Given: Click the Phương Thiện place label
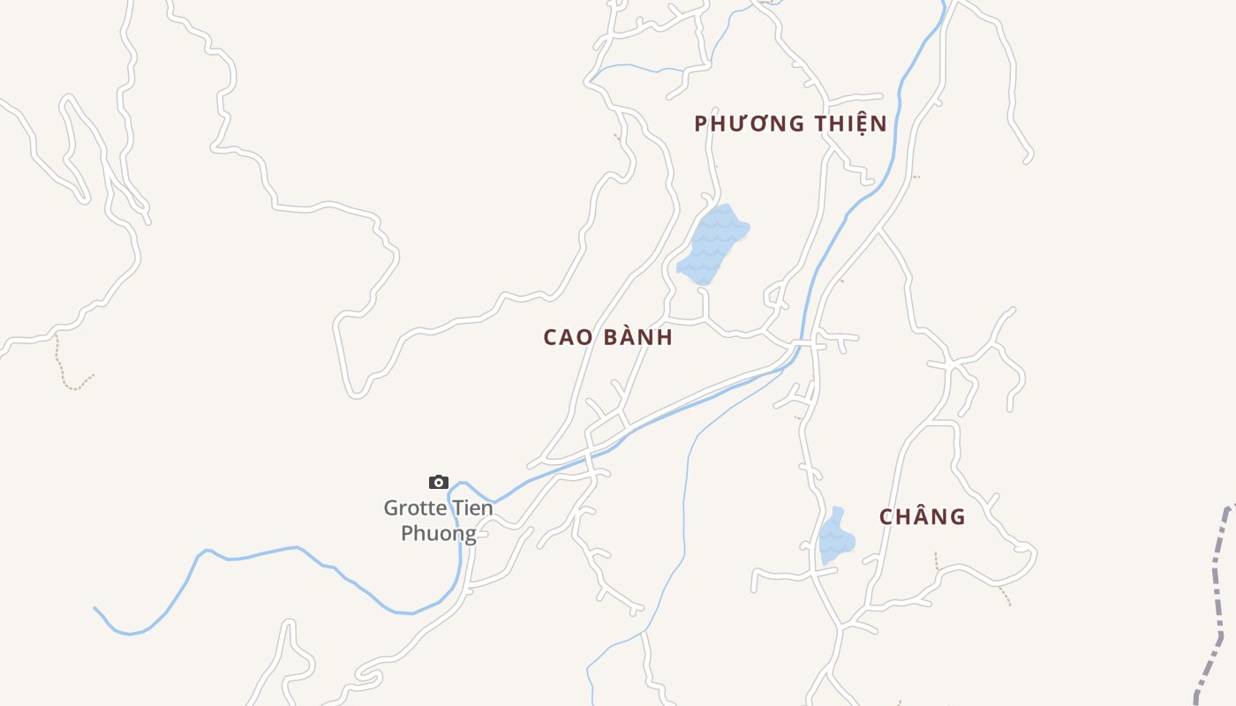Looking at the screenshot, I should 790,124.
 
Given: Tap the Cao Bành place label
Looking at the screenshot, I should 607,337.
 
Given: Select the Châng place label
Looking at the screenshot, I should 922,517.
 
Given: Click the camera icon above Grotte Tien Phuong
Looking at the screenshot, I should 439,482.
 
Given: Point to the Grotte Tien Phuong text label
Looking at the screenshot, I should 439,521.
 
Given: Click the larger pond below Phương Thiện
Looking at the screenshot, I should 712,244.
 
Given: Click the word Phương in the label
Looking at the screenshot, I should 747,124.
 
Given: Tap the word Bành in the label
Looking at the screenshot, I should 637,337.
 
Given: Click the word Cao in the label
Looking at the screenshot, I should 566,337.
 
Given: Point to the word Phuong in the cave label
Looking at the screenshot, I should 439,534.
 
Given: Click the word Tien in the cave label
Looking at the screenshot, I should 471,508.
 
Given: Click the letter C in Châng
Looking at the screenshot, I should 886,517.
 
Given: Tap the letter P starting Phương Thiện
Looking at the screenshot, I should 701,124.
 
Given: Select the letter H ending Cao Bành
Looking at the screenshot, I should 666,337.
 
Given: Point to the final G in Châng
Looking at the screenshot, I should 957,517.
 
